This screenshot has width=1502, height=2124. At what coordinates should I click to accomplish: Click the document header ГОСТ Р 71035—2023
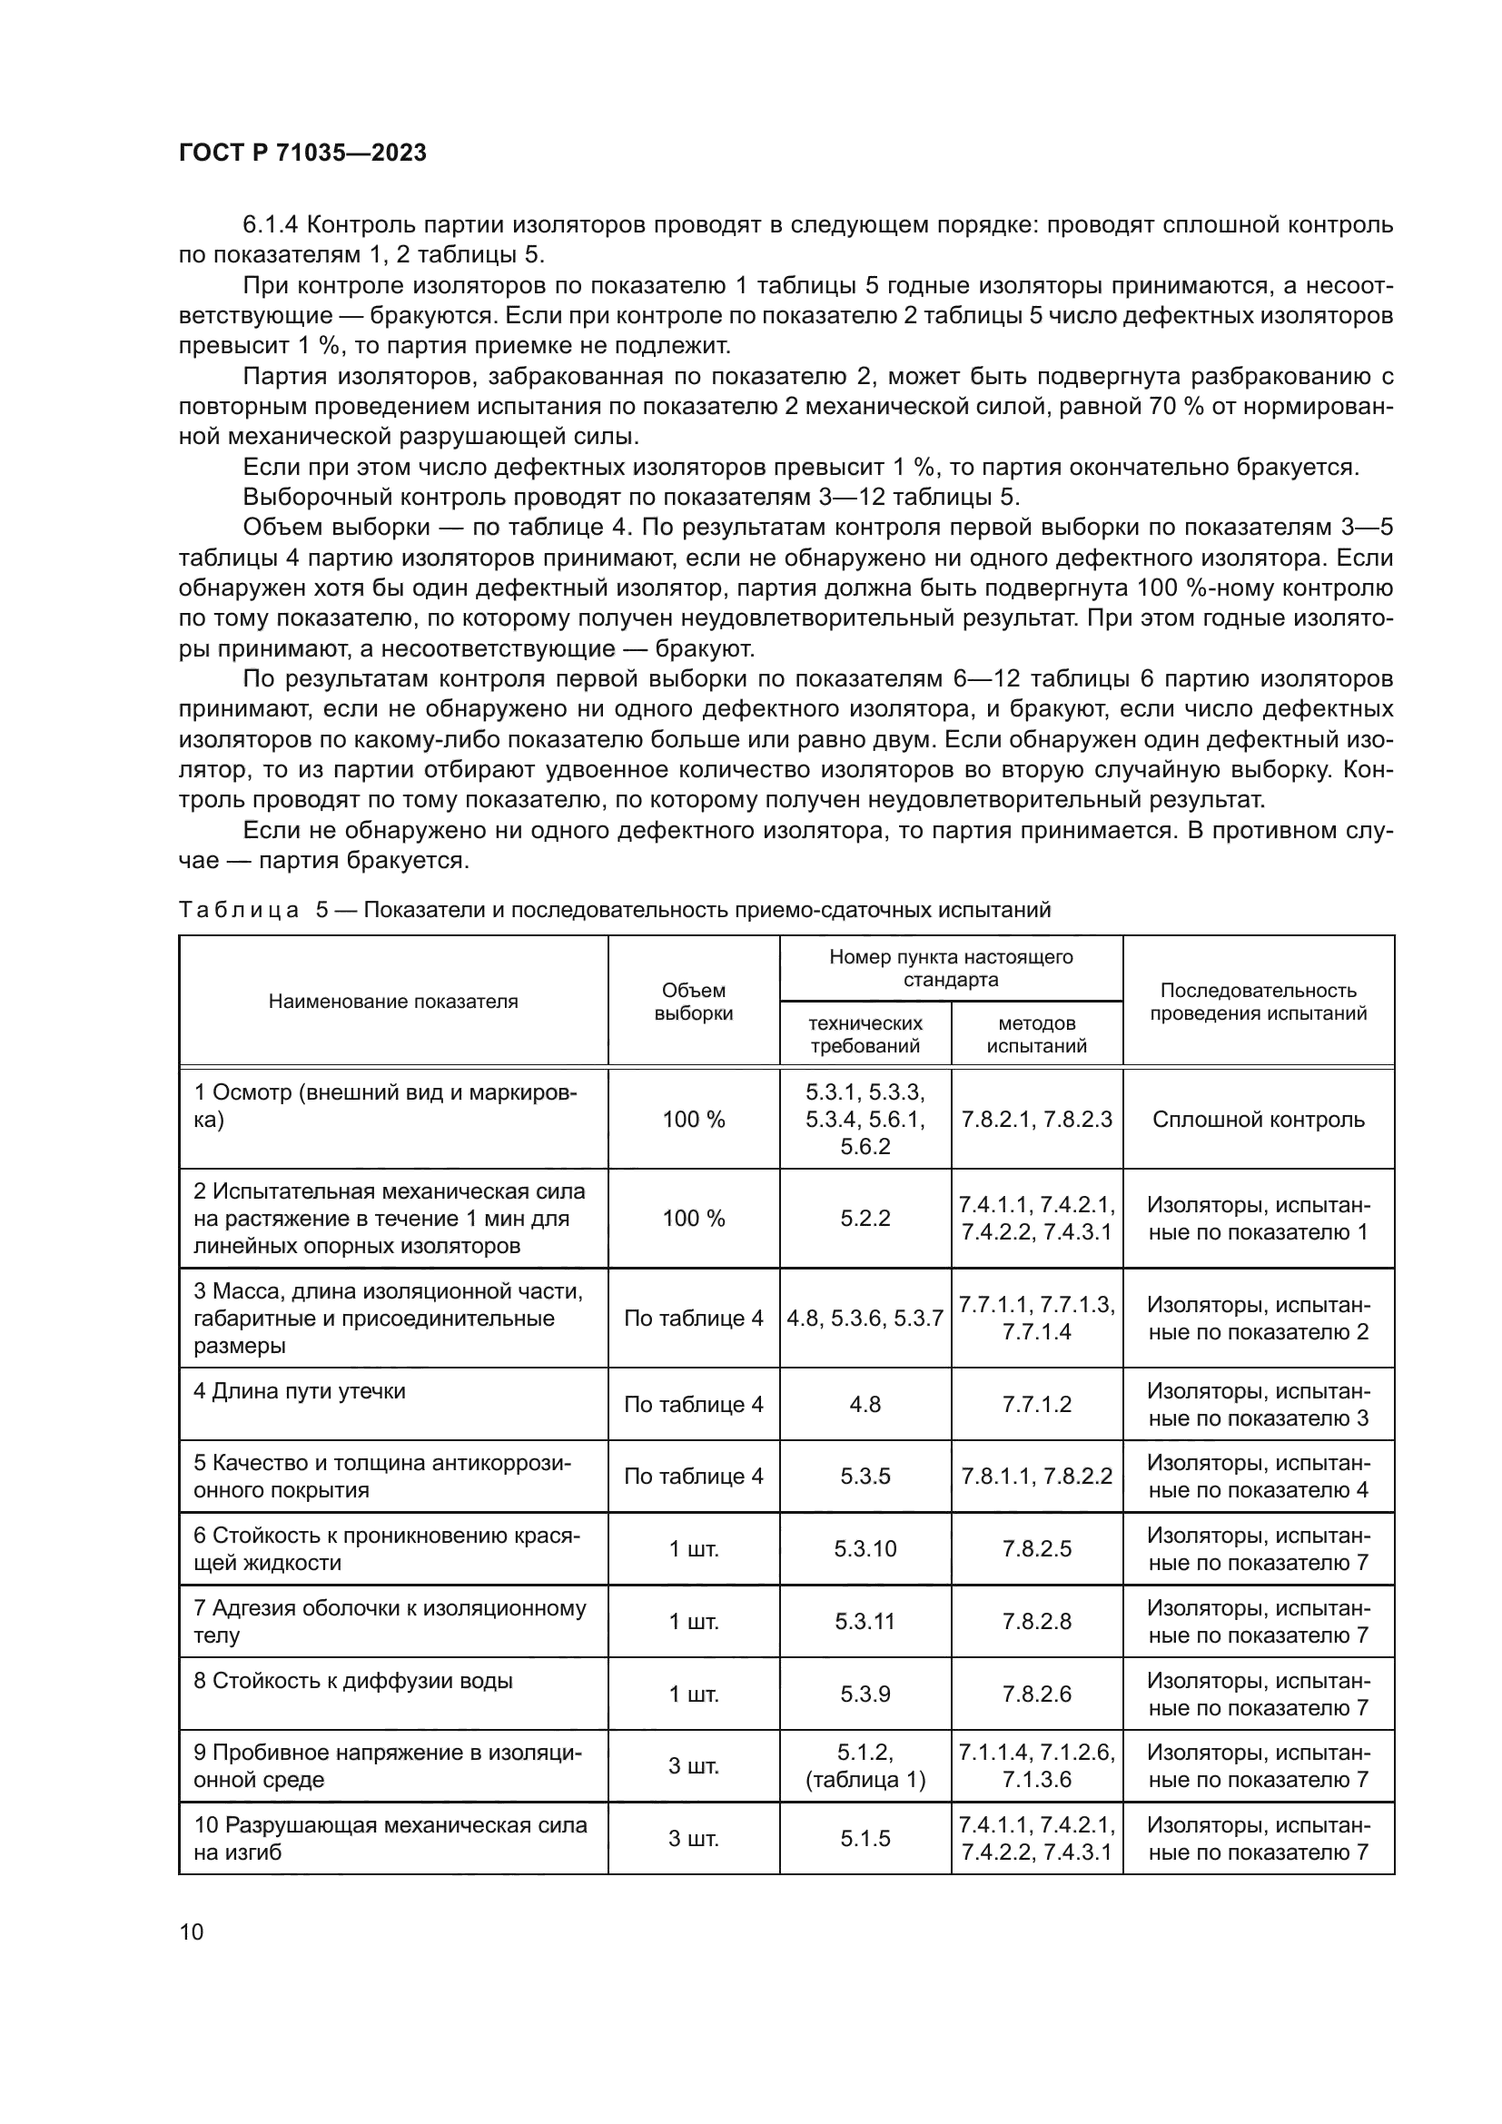(x=302, y=153)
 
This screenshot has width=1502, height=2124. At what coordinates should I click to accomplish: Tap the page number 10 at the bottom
(x=192, y=1931)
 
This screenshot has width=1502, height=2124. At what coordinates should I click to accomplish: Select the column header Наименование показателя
(x=393, y=1001)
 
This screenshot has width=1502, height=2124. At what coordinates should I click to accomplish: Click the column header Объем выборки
(x=693, y=1002)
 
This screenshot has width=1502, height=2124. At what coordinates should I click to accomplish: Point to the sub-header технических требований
(x=865, y=1034)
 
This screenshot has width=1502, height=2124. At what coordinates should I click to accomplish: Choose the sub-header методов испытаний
(x=1036, y=1034)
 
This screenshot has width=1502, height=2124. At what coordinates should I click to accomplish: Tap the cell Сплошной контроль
(x=1258, y=1120)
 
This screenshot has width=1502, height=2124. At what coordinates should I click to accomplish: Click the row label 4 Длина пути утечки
(x=300, y=1391)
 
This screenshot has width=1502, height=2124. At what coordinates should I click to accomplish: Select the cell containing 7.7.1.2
(x=1036, y=1404)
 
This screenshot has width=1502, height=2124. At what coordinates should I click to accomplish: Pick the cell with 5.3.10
(x=865, y=1548)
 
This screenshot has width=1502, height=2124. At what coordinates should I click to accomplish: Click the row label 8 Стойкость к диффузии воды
(x=352, y=1681)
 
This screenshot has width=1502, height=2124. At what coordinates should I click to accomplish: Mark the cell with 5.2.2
(x=865, y=1219)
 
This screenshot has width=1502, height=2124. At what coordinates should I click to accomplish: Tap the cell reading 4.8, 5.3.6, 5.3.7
(x=865, y=1319)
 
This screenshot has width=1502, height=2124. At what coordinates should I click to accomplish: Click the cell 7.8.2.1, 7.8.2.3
(x=1036, y=1120)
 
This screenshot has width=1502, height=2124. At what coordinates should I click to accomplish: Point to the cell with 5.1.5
(x=865, y=1838)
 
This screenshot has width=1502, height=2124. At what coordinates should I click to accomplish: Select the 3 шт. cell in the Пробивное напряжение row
(x=693, y=1766)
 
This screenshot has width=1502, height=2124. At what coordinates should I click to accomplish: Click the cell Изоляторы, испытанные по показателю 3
(x=1258, y=1404)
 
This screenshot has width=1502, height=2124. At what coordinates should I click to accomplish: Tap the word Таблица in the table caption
(x=239, y=909)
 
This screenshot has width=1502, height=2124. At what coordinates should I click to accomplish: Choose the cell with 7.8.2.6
(x=1036, y=1694)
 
